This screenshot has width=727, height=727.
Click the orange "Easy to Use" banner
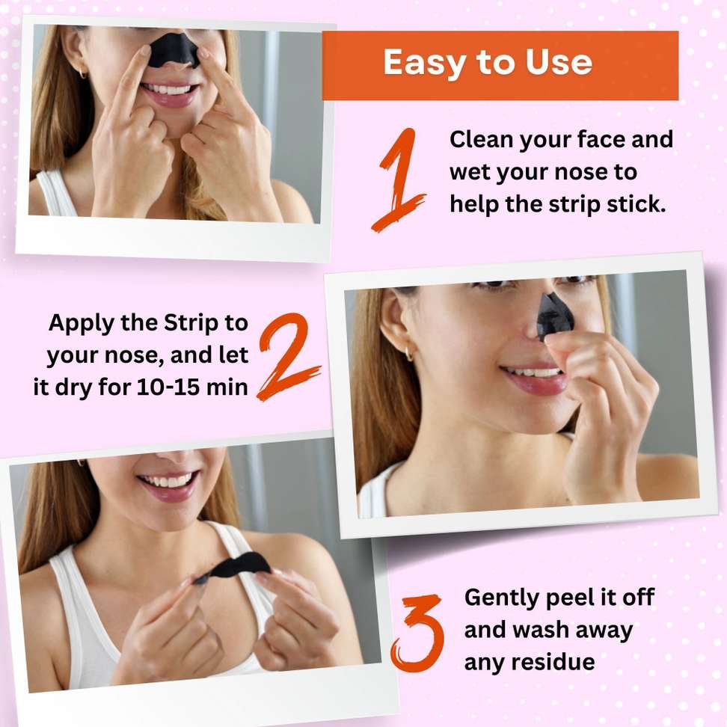pyautogui.click(x=500, y=65)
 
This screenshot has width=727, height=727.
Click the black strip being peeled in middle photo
pyautogui.click(x=556, y=314)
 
